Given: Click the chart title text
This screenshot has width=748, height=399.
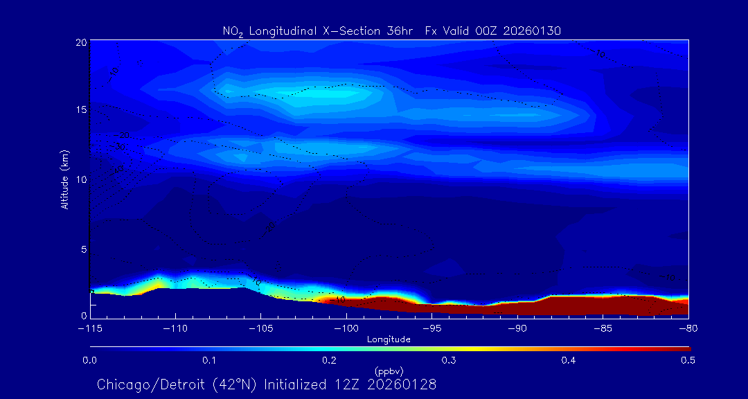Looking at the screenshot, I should pos(391,30).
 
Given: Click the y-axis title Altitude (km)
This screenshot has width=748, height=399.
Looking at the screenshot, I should pos(64,179).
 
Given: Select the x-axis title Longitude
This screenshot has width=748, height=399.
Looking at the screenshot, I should pos(389,339).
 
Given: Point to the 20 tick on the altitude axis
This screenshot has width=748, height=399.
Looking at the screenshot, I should pos(80,42).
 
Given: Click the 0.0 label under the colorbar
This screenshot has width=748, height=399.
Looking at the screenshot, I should pos(89,360).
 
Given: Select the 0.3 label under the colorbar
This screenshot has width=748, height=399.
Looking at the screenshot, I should pos(449,360).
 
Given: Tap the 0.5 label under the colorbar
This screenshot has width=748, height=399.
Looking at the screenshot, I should pos(688,360).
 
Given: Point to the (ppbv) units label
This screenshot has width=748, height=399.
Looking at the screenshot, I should pos(389,371).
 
